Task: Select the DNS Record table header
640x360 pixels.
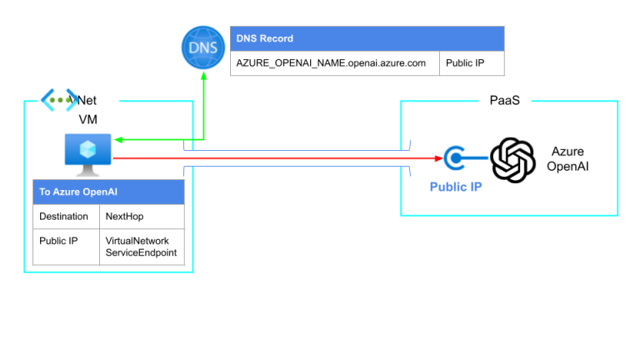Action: (367, 38)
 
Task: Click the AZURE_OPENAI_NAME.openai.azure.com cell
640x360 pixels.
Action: (334, 62)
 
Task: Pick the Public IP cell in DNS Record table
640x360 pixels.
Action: (472, 62)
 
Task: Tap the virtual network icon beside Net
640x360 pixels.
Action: (59, 100)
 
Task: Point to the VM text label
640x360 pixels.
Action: (87, 119)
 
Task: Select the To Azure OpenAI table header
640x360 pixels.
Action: (108, 192)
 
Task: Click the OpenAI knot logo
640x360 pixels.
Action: (512, 159)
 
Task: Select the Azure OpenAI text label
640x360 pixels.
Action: (568, 158)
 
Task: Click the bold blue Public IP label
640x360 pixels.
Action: (455, 187)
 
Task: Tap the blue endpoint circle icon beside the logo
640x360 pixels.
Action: (456, 157)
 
